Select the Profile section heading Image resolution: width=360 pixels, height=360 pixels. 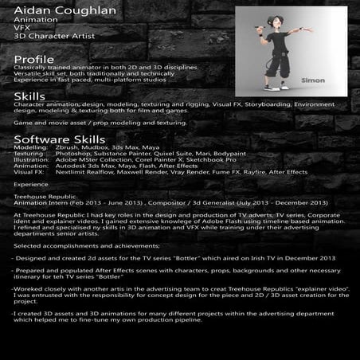tap(34, 60)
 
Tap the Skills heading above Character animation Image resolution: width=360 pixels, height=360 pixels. tap(29, 96)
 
